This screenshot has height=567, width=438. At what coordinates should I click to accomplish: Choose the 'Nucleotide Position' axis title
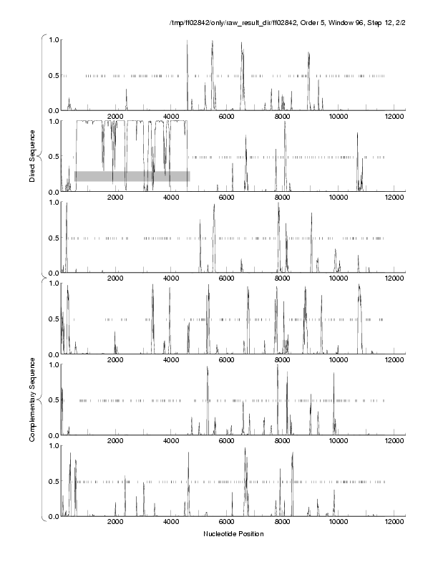[233, 534]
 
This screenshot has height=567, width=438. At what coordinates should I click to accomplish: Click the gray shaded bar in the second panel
[132, 175]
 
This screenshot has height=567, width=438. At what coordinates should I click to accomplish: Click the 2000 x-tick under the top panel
[116, 117]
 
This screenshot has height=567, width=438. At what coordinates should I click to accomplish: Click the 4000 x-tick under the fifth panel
[171, 442]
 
